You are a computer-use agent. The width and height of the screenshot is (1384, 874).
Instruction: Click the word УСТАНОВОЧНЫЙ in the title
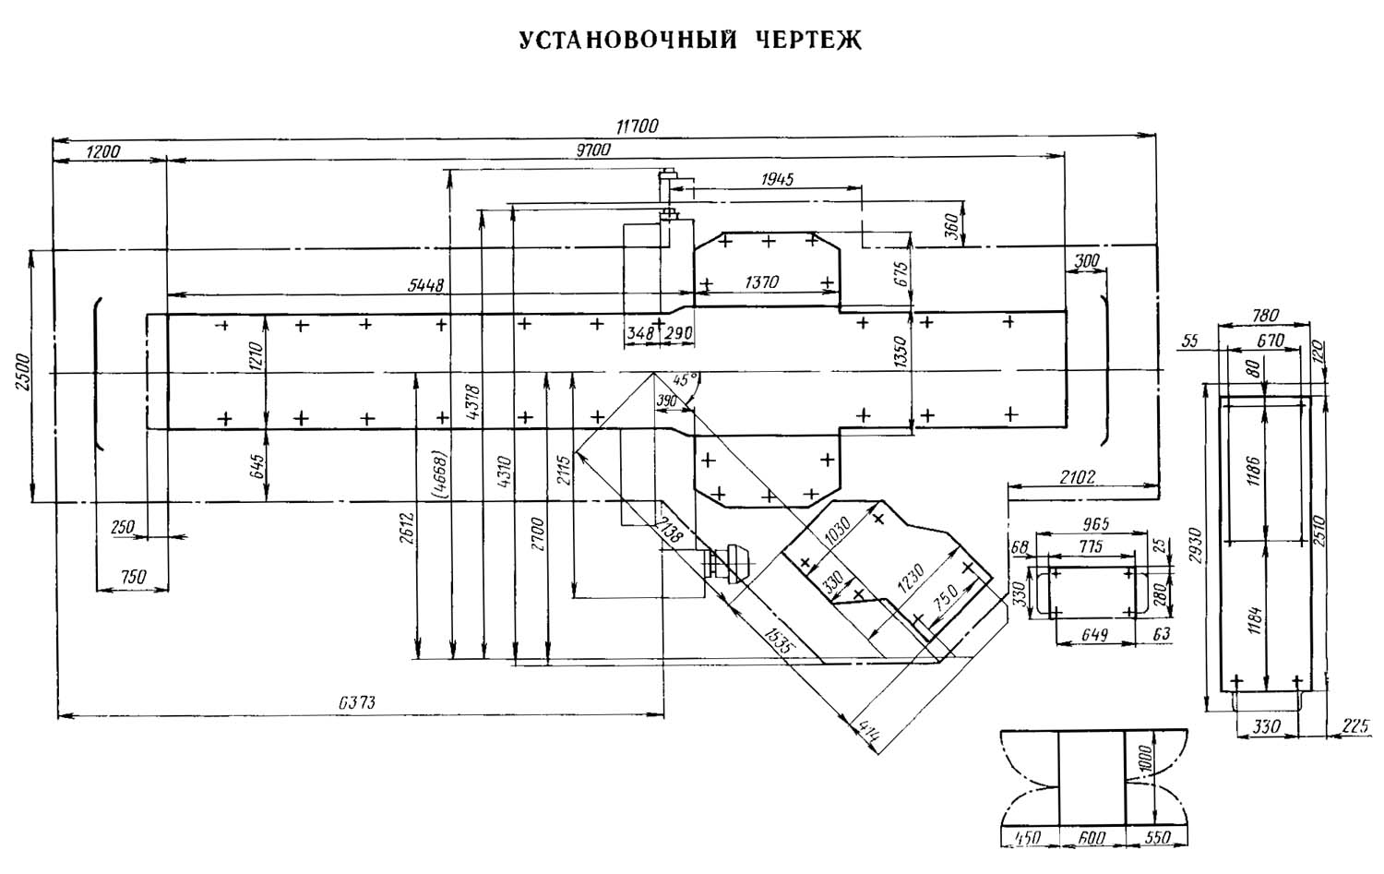click(x=627, y=42)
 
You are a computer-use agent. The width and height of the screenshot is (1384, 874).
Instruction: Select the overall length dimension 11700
click(x=637, y=127)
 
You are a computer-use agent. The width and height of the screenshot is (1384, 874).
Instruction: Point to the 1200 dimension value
click(x=101, y=151)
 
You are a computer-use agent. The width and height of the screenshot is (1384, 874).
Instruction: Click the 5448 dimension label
click(x=425, y=285)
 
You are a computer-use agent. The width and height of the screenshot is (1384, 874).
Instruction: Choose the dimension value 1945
click(x=777, y=179)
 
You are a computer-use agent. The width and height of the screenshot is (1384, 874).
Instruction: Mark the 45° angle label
click(x=686, y=378)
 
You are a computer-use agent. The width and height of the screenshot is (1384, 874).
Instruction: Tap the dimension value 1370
click(x=761, y=282)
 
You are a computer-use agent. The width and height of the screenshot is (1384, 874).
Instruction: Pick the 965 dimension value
click(x=1092, y=523)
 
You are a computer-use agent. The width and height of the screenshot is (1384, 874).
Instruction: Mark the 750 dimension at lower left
click(x=133, y=577)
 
